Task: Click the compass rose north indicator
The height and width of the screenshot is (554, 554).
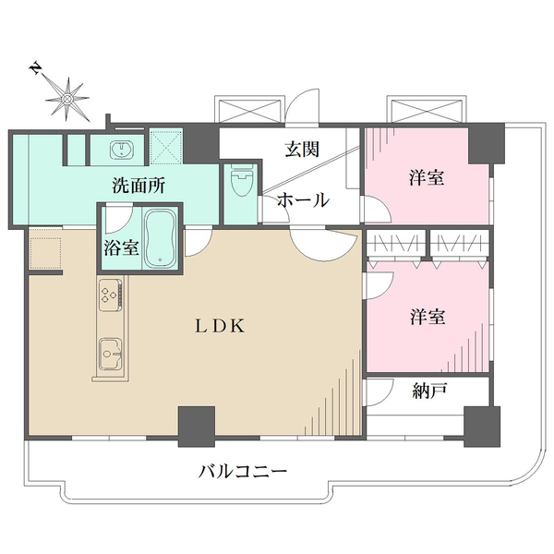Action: [x=66, y=93]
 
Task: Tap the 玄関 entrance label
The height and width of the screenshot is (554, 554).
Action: [x=302, y=150]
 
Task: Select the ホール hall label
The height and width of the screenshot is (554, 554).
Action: [x=303, y=199]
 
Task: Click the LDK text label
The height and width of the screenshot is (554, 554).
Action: [x=218, y=325]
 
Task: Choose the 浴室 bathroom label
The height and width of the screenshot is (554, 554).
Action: [x=121, y=247]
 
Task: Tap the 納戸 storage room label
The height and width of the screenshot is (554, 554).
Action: [x=429, y=391]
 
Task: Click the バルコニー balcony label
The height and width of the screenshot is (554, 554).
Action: [x=243, y=471]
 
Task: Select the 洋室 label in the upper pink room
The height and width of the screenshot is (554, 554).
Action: [x=428, y=177]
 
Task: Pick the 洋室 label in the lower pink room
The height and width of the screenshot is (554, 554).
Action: [x=428, y=317]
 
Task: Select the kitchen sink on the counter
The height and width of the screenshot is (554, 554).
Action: [x=109, y=351]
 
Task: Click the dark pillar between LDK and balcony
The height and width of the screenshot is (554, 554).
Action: [x=196, y=423]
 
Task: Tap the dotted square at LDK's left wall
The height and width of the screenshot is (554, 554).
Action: [x=44, y=252]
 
